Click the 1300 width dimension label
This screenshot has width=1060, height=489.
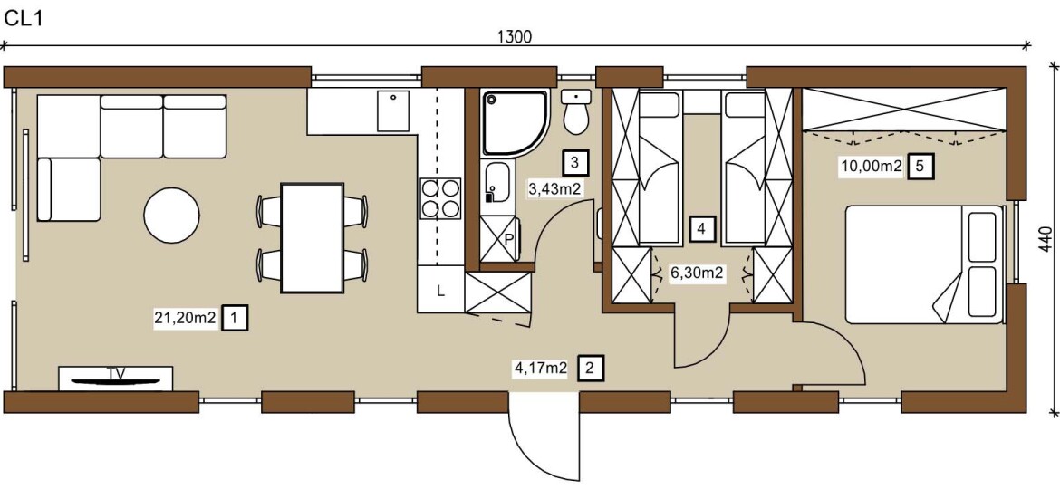(x=515, y=37)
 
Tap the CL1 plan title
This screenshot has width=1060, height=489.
(x=24, y=19)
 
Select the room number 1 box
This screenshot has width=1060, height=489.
(x=235, y=318)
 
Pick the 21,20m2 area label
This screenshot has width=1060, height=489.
(x=185, y=318)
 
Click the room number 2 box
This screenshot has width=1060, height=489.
(x=590, y=368)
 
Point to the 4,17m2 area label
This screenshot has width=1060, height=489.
(x=541, y=368)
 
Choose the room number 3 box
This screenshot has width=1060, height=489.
(x=574, y=162)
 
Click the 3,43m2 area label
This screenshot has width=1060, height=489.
(x=554, y=188)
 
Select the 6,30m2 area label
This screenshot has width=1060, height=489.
(x=697, y=273)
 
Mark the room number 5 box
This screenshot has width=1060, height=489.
(x=920, y=166)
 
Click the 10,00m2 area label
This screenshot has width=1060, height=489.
(x=871, y=166)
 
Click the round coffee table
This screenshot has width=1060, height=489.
(x=172, y=216)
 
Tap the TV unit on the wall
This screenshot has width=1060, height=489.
(x=115, y=379)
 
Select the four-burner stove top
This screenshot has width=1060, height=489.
(x=441, y=198)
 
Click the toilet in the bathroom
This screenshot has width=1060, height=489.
(x=576, y=112)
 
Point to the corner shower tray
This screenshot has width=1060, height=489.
(x=515, y=123)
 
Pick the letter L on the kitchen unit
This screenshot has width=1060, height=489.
(x=440, y=292)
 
